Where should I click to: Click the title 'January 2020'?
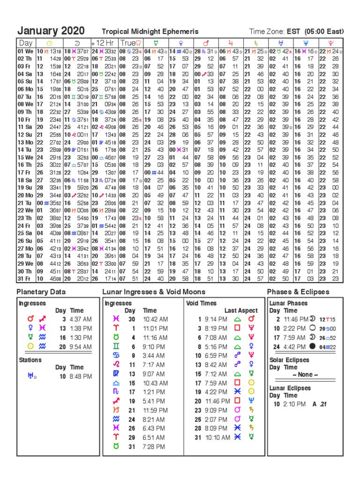51,31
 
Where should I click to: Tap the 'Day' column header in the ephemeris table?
25,43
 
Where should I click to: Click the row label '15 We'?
25,157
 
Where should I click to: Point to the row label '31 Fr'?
25,278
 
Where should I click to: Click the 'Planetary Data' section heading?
41,292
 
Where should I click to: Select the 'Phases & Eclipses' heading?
298,292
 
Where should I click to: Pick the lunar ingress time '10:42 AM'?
155,319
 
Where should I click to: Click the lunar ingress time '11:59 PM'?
155,411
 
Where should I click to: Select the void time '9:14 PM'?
217,319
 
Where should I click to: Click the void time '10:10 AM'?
217,437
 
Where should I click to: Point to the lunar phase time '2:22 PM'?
295,328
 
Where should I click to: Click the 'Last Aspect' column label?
241,310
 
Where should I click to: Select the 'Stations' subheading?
30,360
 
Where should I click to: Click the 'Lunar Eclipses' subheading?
290,388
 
